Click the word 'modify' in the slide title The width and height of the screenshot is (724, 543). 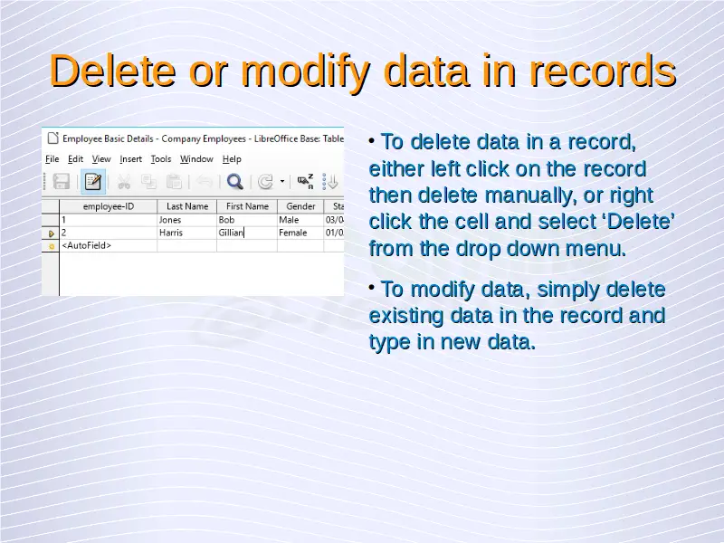[x=305, y=71]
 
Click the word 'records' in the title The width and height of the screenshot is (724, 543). [x=603, y=71]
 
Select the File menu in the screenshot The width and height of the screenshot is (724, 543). [x=52, y=159]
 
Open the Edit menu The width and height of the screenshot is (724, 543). [x=75, y=159]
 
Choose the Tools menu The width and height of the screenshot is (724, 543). [x=161, y=159]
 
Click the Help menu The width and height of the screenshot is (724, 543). [x=232, y=159]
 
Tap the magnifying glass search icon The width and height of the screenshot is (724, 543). [x=235, y=182]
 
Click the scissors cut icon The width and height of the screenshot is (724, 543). [x=124, y=182]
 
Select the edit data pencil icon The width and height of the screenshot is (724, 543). [x=93, y=182]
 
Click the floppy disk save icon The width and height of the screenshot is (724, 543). [x=61, y=182]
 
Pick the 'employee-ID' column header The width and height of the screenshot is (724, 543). [x=109, y=206]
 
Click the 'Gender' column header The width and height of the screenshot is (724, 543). [x=300, y=206]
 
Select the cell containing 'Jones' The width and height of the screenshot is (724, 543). [x=187, y=220]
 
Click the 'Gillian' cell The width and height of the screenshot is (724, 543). [x=247, y=233]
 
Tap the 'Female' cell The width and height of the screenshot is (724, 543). [x=300, y=233]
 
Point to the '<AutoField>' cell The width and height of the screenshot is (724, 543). [x=109, y=245]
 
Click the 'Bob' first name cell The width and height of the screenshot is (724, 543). [x=247, y=220]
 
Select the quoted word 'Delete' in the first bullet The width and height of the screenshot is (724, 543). [x=639, y=222]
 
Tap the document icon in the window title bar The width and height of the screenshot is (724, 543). [x=53, y=138]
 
